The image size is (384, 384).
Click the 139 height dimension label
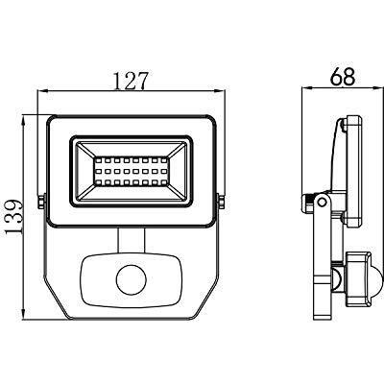14,217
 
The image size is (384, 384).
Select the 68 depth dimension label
343,77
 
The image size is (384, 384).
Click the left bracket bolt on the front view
41,202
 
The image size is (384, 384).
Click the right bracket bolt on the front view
222,202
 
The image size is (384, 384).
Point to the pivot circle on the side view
323,203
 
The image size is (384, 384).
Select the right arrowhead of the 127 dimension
220,91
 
